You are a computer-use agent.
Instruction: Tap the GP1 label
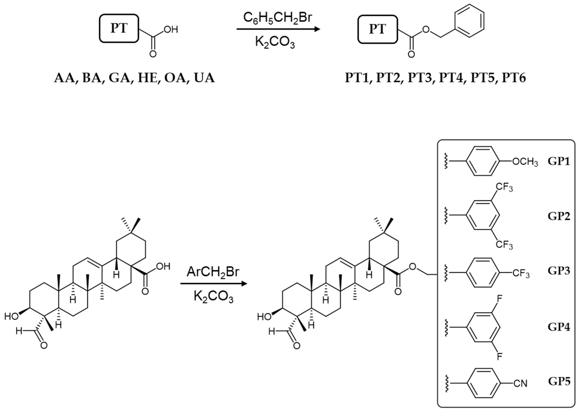(559, 161)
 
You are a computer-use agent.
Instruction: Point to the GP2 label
(559, 216)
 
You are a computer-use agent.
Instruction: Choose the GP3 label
(559, 271)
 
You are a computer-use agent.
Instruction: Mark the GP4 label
(559, 327)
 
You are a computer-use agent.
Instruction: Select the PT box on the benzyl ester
(377, 29)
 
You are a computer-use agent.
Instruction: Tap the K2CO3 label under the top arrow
(275, 43)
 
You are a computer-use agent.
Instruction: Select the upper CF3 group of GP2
(504, 188)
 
